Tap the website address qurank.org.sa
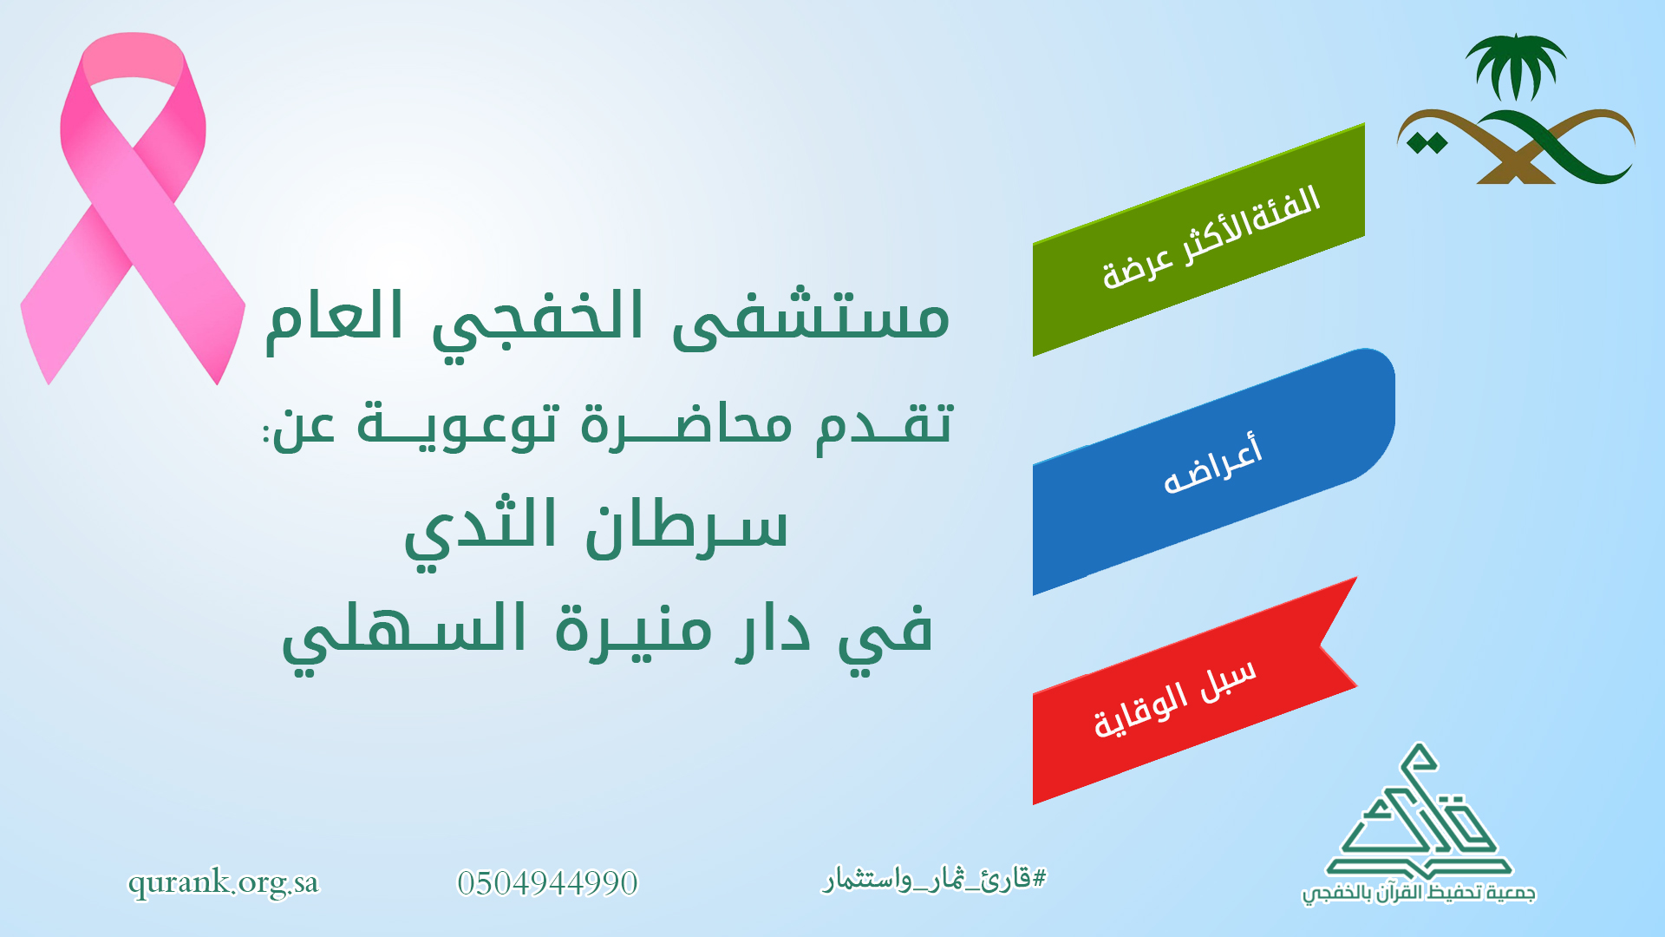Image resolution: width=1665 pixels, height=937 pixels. [224, 883]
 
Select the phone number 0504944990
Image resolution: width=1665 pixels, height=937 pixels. [547, 883]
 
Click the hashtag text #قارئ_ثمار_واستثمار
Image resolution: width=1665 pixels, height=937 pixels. [935, 880]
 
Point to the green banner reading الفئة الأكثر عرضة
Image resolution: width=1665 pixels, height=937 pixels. [1198, 239]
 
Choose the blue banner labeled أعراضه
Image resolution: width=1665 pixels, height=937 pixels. [1213, 471]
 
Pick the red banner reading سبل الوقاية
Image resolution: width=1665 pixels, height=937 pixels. [1194, 691]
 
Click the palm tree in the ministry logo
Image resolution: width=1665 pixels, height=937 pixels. [1515, 67]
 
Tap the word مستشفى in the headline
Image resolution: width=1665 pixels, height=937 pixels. [811, 317]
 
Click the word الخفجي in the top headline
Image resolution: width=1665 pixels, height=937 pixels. [538, 323]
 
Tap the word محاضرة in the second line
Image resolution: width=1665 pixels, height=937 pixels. [685, 425]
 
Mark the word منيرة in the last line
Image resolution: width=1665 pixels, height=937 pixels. [634, 629]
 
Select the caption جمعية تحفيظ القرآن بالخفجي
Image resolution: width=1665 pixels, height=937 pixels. [1419, 893]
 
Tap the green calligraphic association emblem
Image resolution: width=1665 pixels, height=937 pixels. [1419, 811]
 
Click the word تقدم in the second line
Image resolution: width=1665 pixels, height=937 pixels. [884, 425]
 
